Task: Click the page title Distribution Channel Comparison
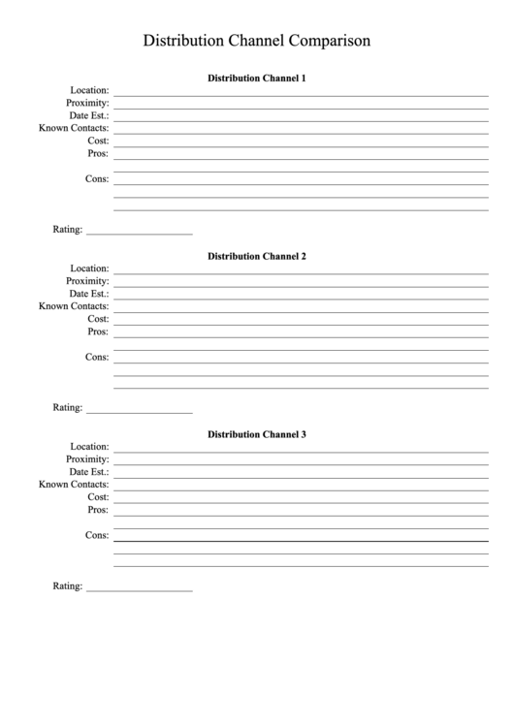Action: (257, 41)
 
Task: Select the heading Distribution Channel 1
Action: (257, 78)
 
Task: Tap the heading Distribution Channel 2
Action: (257, 256)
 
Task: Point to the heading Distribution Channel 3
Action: (257, 434)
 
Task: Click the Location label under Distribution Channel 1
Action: (89, 90)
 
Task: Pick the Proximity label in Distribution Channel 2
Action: (87, 281)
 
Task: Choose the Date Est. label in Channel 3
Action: (88, 472)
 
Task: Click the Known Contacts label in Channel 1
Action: (74, 128)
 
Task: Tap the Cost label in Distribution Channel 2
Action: (98, 319)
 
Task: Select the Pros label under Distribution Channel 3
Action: (98, 510)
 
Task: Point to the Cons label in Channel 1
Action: (97, 178)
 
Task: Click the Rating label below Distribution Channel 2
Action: (67, 408)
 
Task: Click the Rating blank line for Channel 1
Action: (139, 234)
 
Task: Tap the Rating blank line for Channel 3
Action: (139, 590)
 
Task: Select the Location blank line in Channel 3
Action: (301, 451)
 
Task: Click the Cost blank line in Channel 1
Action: (301, 145)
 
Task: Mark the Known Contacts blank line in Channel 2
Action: (301, 311)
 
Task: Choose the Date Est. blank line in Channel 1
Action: (301, 120)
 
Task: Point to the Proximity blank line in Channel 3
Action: (301, 463)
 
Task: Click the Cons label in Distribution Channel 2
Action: (97, 357)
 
